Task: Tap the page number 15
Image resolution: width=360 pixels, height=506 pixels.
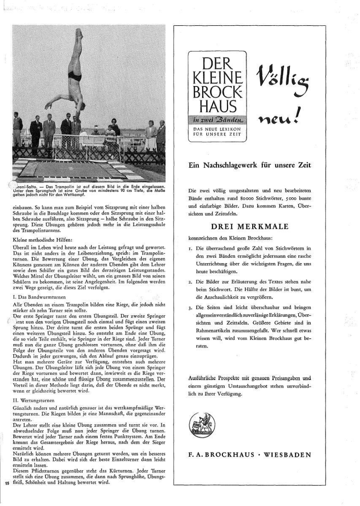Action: click(x=7, y=483)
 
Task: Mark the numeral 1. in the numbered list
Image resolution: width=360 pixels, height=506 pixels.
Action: click(x=191, y=248)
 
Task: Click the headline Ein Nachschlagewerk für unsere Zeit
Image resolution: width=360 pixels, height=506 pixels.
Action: click(x=250, y=165)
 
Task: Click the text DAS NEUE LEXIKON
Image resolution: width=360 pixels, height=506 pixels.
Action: click(x=215, y=129)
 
